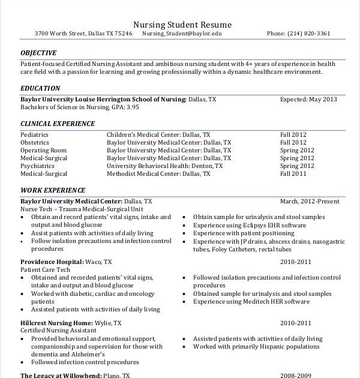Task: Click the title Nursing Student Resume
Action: (182, 25)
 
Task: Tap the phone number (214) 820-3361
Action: (308, 34)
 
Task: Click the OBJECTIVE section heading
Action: (38, 53)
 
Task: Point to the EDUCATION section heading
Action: (40, 88)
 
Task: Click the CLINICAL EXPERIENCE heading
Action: (58, 124)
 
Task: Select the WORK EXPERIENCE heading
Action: (53, 190)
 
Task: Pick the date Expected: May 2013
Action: (308, 99)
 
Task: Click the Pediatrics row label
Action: (35, 135)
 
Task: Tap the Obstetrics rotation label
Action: (35, 143)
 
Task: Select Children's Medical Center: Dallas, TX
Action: (158, 135)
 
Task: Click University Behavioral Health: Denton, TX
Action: (164, 166)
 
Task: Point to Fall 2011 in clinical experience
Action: (293, 173)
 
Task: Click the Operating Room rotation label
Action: (43, 150)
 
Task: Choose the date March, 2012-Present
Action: (310, 202)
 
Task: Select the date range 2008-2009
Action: (296, 376)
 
